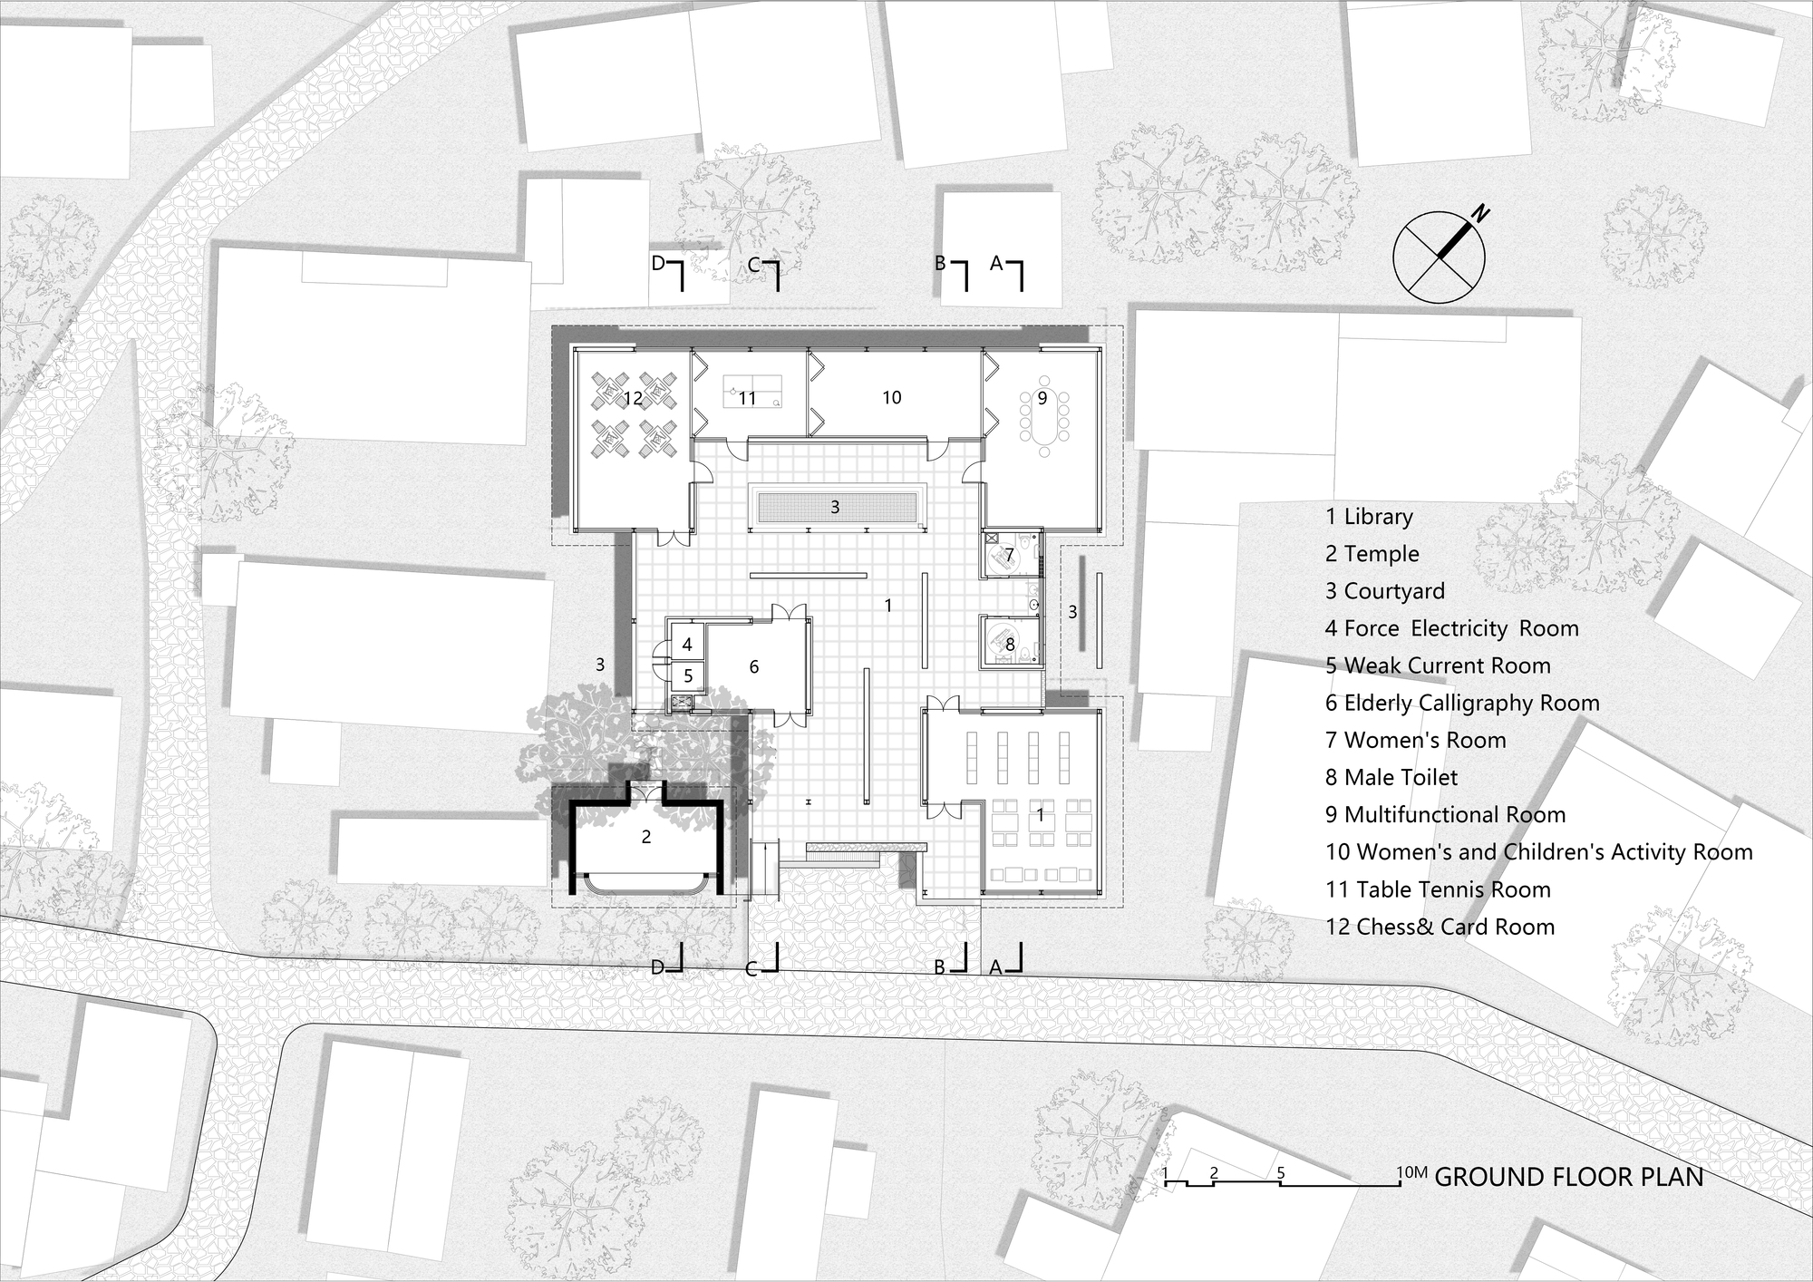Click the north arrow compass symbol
tap(1439, 257)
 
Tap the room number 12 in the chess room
tap(633, 398)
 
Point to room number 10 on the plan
tap(891, 397)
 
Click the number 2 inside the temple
tap(646, 837)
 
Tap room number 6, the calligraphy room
tap(753, 667)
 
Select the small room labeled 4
tap(687, 645)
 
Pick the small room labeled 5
tap(688, 675)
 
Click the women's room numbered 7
tap(1008, 554)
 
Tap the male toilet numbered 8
tap(1010, 645)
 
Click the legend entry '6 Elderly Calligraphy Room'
tap(1461, 704)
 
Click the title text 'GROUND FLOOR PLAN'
tap(1569, 1177)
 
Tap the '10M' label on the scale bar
tap(1411, 1173)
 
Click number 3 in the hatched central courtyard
tap(835, 508)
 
